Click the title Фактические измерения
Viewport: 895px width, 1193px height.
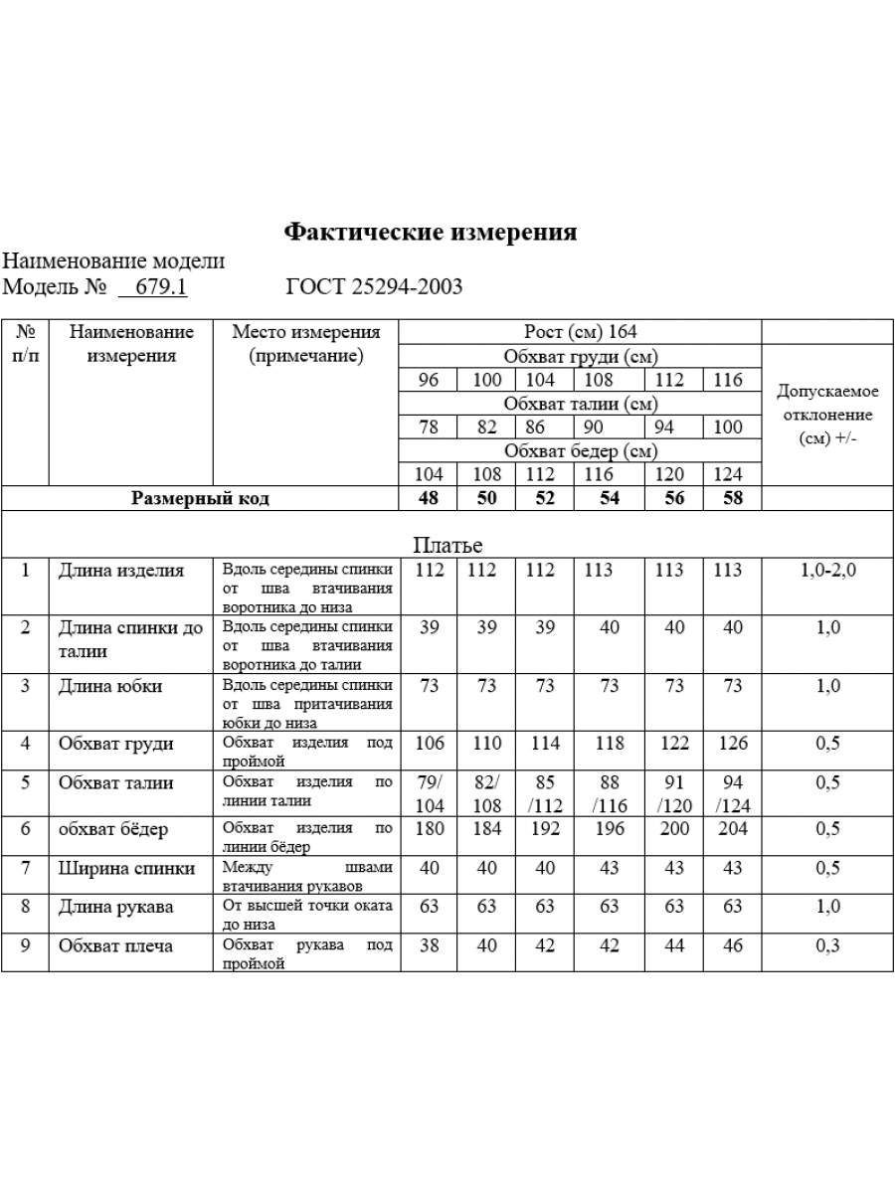point(431,232)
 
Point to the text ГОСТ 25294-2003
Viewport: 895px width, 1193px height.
point(374,287)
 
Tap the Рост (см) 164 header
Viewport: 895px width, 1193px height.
point(580,332)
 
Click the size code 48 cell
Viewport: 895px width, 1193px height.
point(429,498)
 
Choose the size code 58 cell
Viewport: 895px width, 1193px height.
point(732,498)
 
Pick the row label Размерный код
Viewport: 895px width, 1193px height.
point(200,498)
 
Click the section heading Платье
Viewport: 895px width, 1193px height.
point(447,545)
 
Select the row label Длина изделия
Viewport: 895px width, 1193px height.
point(121,571)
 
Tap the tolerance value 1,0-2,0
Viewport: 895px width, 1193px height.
point(827,571)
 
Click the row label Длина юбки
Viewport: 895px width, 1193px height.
point(110,686)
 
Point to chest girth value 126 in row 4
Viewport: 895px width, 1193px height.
point(732,743)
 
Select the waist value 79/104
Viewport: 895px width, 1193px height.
point(429,793)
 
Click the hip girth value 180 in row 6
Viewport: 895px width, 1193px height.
point(429,829)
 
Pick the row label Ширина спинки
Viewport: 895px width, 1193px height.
point(126,868)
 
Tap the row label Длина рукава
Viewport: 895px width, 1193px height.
point(116,906)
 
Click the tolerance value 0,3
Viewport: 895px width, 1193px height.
point(827,945)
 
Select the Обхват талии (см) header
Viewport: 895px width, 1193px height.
point(580,404)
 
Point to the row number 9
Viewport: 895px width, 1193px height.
point(26,945)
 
